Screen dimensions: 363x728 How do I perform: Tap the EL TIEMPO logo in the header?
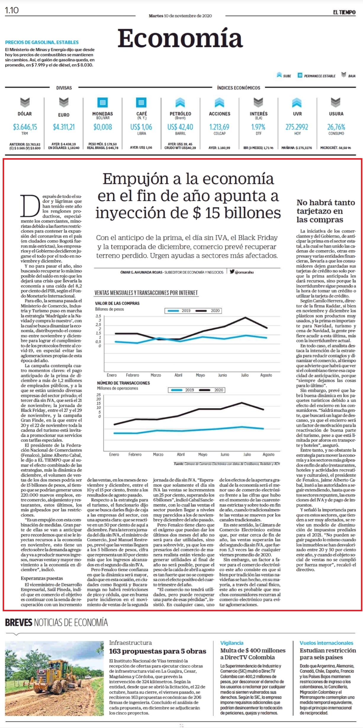(x=344, y=12)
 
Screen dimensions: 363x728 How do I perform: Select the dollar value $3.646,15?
(x=25, y=127)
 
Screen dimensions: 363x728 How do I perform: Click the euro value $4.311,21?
(x=64, y=127)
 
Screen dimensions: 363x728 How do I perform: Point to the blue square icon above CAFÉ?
(x=141, y=102)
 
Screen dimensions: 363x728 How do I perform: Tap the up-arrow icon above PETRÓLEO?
(x=180, y=102)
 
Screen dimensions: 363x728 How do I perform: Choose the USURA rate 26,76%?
(x=336, y=127)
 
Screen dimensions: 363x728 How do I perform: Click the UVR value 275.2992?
(x=297, y=127)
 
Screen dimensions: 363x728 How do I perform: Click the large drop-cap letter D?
(x=30, y=206)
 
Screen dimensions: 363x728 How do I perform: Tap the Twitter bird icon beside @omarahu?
(x=232, y=272)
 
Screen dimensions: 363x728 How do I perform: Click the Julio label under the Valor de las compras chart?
(x=245, y=375)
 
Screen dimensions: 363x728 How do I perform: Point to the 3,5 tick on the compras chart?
(x=98, y=316)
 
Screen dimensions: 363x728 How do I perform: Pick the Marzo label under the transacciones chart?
(x=158, y=454)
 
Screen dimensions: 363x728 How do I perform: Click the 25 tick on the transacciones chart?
(x=99, y=395)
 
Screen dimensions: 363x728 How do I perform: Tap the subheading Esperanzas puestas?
(x=42, y=578)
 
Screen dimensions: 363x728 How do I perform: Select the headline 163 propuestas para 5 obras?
(x=158, y=657)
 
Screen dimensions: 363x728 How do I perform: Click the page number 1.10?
(x=12, y=10)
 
